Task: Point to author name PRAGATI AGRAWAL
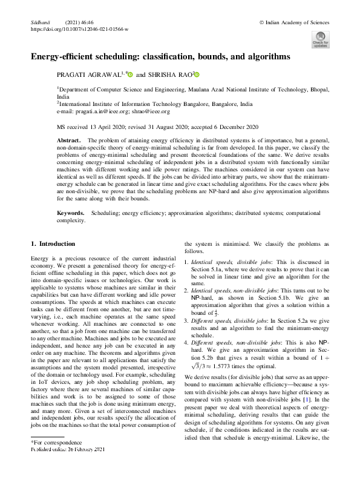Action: pyautogui.click(x=87, y=75)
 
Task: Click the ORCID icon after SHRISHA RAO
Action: pyautogui.click(x=197, y=75)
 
